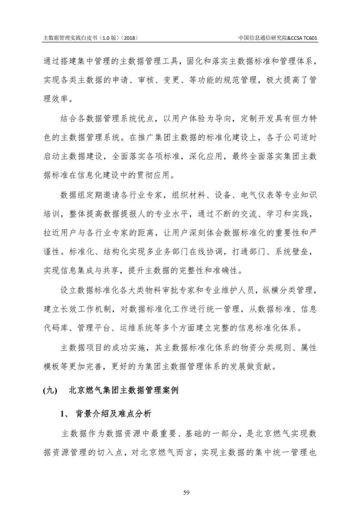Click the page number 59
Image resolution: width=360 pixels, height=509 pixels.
point(187,493)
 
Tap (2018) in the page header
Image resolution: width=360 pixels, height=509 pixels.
point(130,38)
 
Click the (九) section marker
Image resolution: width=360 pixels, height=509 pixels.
point(50,390)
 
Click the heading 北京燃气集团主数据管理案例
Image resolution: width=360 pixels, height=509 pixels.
point(124,390)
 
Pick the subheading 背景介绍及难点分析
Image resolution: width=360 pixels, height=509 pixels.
point(113,414)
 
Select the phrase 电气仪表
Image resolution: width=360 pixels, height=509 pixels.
point(257,195)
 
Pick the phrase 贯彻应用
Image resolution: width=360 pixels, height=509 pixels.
point(154,175)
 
